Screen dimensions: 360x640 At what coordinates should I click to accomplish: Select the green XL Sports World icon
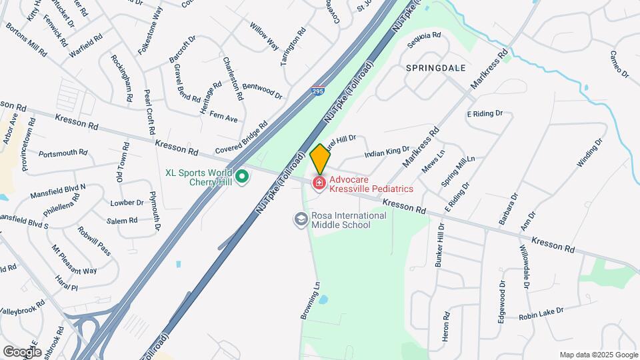tap(243, 177)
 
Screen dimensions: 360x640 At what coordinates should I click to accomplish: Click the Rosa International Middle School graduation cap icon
tap(301, 219)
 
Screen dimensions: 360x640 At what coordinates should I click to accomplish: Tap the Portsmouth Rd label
tap(63, 153)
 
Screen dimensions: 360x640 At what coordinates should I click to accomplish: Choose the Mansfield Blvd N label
tap(58, 191)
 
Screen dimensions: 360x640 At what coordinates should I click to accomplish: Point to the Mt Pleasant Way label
tap(75, 261)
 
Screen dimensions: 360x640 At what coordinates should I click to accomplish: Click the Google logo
tap(22, 351)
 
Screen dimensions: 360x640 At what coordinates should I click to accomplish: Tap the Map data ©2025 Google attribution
tap(598, 355)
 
